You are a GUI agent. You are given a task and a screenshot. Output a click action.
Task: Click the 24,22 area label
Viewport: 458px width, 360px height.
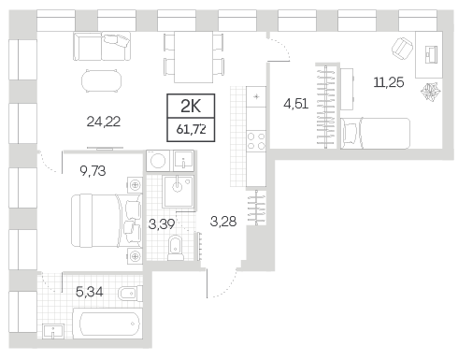(x=104, y=122)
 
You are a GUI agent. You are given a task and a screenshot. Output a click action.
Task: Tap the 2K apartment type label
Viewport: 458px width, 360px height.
(x=191, y=107)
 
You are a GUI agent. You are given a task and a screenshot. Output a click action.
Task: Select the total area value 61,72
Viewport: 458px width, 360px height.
(x=191, y=129)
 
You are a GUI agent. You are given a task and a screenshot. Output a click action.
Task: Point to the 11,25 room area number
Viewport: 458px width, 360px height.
(x=389, y=82)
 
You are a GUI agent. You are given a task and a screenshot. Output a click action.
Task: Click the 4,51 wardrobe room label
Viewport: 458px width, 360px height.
(x=296, y=104)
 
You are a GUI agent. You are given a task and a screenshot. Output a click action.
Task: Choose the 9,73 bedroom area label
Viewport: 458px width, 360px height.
(x=93, y=171)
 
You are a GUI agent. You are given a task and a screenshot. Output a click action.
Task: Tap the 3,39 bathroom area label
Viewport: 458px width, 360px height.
(x=162, y=223)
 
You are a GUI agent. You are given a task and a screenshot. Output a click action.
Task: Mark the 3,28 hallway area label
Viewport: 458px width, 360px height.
(x=223, y=222)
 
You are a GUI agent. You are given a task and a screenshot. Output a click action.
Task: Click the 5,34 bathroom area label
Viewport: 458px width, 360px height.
(x=90, y=292)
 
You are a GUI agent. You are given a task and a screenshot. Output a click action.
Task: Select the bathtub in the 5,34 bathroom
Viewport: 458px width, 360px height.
(x=107, y=324)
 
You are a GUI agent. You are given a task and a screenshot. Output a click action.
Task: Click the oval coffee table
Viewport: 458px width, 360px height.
(x=101, y=80)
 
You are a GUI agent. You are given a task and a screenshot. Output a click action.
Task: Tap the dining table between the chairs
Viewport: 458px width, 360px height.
(x=193, y=57)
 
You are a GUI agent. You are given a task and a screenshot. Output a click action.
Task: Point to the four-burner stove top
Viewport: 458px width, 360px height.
(x=256, y=141)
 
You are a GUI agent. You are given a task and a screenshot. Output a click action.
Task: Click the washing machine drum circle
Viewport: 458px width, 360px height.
(x=158, y=161)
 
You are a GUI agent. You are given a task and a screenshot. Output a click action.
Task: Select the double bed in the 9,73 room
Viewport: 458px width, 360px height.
(x=107, y=221)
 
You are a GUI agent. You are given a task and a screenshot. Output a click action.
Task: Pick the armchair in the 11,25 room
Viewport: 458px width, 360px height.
(x=403, y=49)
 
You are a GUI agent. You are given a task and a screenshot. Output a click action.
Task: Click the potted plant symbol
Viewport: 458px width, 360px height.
(x=431, y=92)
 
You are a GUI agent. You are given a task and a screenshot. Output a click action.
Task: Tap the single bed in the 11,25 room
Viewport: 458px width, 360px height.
(x=375, y=134)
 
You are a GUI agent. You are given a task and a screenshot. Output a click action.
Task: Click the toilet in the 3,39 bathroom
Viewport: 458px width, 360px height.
(x=176, y=248)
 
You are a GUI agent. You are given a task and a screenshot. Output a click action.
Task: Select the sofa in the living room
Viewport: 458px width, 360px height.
(x=102, y=46)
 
